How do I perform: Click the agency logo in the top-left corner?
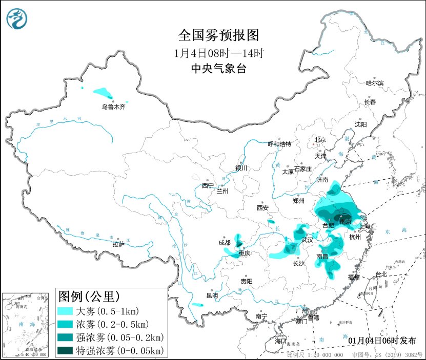tap(16, 19)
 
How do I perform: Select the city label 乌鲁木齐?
tap(113, 107)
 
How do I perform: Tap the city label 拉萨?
tap(118, 244)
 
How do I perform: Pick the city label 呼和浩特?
tap(280, 144)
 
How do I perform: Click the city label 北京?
tap(320, 139)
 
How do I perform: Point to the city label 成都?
tap(224, 243)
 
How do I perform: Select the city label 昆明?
tap(212, 295)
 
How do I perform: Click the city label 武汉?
tap(308, 240)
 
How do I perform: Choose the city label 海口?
tap(280, 341)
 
